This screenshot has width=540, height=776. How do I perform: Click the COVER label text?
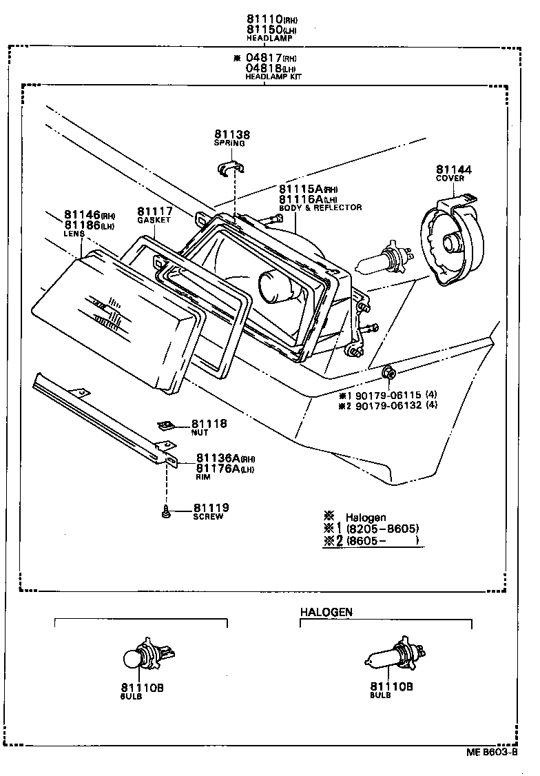tap(450, 178)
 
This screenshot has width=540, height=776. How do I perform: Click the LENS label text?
tap(74, 234)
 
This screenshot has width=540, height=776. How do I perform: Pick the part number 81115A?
tap(301, 190)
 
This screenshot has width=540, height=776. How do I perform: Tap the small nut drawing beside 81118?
tap(165, 425)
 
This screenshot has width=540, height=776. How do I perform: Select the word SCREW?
tap(208, 517)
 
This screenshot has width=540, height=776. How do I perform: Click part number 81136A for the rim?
tap(217, 458)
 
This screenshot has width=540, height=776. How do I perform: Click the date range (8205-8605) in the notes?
tap(382, 529)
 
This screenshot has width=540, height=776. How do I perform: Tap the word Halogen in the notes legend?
tap(365, 517)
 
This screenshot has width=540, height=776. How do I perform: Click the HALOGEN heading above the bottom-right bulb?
tap(326, 611)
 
